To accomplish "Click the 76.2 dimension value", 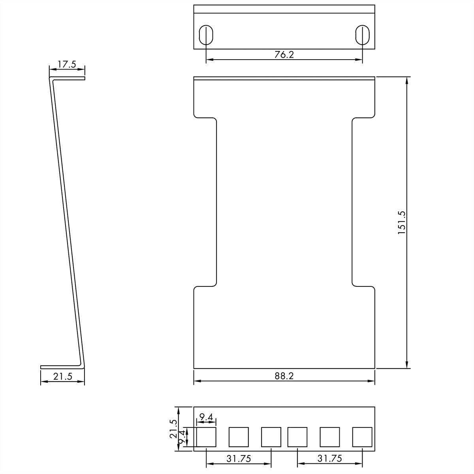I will [284, 55].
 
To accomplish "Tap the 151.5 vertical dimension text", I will [401, 222].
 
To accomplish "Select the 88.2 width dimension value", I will [284, 376].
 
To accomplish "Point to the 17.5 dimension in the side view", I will [66, 64].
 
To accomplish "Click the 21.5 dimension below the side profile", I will [62, 376].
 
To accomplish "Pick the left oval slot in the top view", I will [206, 35].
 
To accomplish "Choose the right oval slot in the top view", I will [363, 35].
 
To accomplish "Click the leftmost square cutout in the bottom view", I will [206, 437].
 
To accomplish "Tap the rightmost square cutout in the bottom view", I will [362, 437].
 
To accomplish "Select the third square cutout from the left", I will [271, 437].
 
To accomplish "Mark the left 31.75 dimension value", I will [239, 458].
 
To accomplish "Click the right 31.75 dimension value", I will [329, 458].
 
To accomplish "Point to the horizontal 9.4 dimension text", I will [206, 417].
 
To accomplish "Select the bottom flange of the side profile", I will [61, 367].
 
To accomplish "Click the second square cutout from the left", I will [239, 437].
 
